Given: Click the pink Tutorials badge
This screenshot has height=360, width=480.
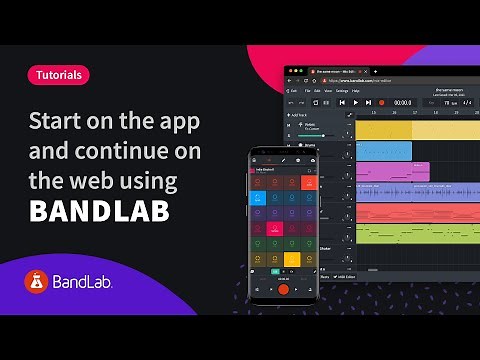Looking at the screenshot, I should tap(57, 74).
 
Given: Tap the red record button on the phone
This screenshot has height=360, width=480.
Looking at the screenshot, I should tap(283, 290).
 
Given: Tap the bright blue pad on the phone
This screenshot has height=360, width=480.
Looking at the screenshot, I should tap(258, 197).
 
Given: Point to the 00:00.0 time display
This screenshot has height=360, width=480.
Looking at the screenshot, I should tap(402, 102).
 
